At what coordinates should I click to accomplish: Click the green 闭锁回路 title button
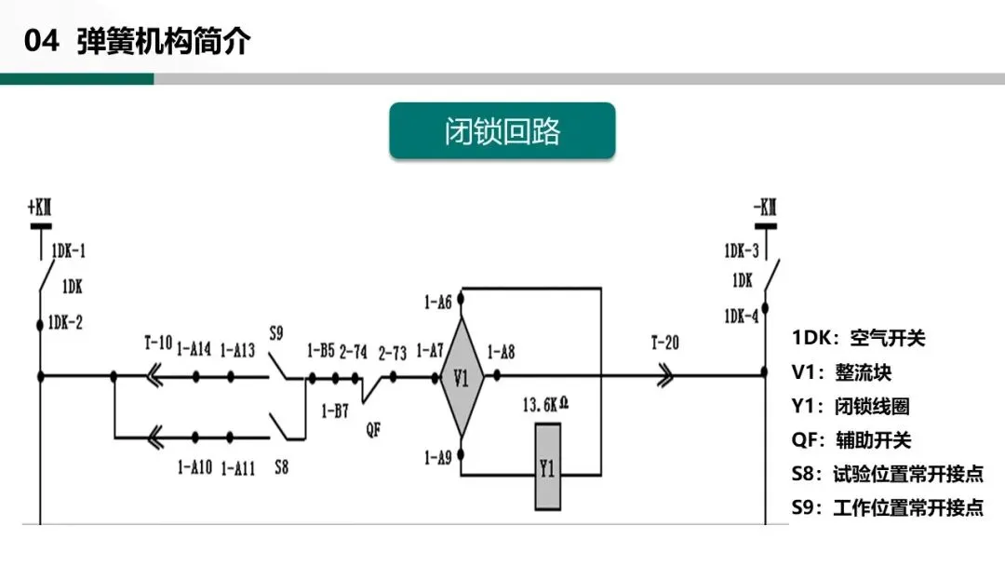pos(502,131)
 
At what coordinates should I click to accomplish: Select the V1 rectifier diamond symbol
pos(462,377)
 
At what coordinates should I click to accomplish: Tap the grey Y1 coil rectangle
pos(547,466)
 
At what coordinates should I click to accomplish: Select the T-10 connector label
pos(158,344)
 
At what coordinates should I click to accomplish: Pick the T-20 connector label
pos(664,344)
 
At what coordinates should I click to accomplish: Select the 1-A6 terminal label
pos(437,302)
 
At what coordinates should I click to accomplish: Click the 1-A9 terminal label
pos(437,457)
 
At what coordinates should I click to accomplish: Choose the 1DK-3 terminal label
pos(741,250)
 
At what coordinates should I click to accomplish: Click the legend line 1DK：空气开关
pos(859,338)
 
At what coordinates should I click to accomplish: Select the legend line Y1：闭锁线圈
pos(851,406)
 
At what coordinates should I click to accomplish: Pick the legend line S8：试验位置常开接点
pos(887,473)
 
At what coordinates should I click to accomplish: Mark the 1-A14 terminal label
pos(194,350)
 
